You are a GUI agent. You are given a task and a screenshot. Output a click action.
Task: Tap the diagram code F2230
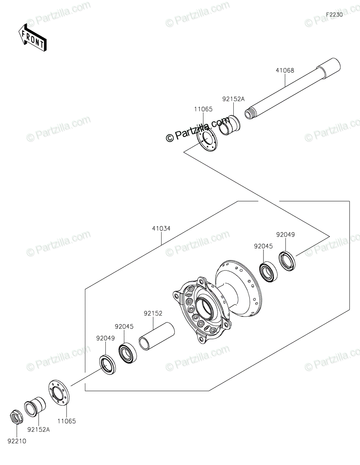(334, 15)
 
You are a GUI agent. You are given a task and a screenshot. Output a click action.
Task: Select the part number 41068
(285, 70)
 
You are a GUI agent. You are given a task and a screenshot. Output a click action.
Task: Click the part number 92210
(17, 441)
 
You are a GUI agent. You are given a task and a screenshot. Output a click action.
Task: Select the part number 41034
(161, 229)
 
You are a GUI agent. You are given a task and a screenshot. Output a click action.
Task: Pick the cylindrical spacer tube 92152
(157, 339)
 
